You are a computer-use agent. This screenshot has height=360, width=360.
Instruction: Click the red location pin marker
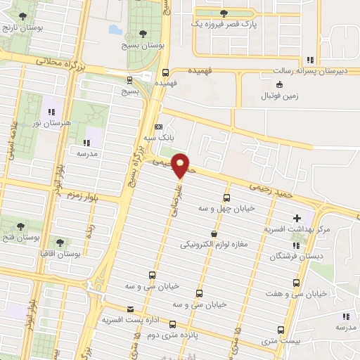181,165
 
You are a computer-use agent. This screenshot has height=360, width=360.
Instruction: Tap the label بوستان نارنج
21,28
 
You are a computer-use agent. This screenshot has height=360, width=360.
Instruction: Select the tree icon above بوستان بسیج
143,33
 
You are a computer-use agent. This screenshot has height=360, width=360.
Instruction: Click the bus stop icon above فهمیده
165,72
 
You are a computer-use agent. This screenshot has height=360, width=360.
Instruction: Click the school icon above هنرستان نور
50,111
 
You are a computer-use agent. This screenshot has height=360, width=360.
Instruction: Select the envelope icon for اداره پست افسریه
129,309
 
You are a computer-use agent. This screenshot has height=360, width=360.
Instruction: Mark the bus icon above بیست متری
281,330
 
